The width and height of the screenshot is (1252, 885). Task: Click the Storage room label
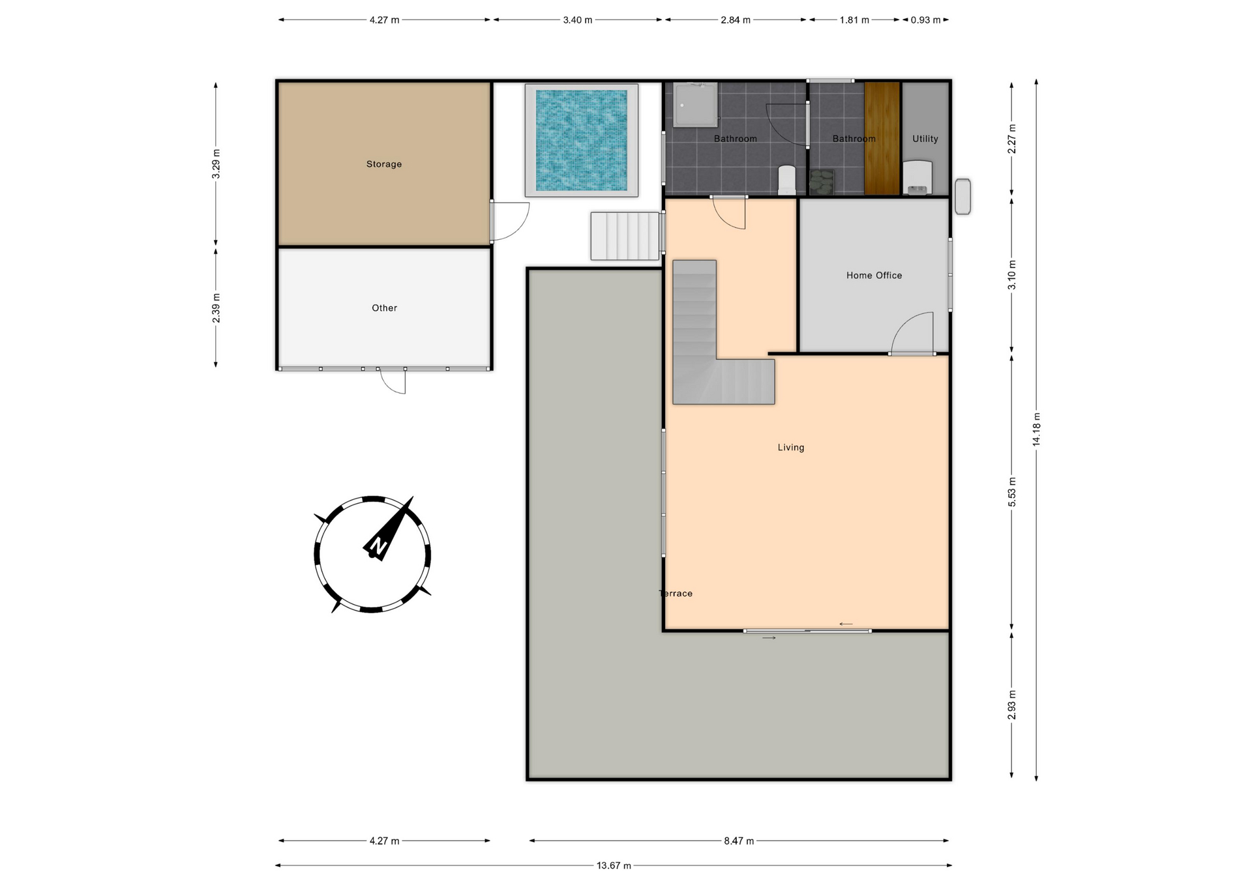(383, 164)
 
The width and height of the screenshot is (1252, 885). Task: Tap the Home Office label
(874, 276)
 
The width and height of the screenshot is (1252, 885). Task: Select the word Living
(791, 448)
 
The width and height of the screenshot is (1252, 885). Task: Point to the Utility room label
(925, 139)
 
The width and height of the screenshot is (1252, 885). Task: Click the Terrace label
(676, 593)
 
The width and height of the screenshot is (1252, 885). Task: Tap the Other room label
(384, 308)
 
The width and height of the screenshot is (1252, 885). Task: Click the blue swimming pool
(581, 140)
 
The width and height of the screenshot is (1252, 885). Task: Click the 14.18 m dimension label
(1036, 429)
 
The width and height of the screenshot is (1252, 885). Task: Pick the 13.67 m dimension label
(614, 865)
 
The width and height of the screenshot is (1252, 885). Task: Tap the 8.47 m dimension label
(739, 841)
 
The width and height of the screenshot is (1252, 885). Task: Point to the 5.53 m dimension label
(1011, 492)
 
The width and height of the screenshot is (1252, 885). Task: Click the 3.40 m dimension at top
(578, 20)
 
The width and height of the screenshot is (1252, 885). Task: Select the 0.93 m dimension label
(925, 20)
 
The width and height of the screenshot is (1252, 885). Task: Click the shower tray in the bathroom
(696, 105)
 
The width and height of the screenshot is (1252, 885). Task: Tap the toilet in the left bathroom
(787, 180)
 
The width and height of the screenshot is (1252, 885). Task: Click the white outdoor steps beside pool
(625, 236)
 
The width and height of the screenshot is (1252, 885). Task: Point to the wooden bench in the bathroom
(882, 138)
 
